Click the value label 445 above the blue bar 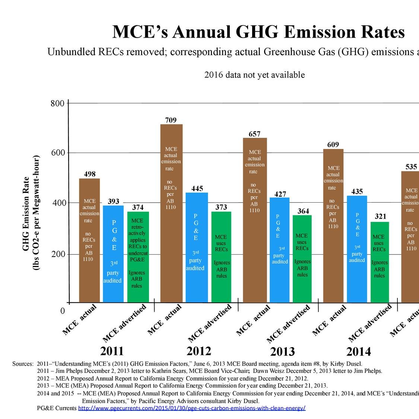[x=197, y=188]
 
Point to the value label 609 [x=333, y=145]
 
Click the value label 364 [x=303, y=211]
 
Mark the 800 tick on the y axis [x=58, y=103]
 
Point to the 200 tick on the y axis [x=58, y=254]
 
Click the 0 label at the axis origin [x=63, y=311]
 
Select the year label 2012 [x=199, y=351]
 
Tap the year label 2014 [x=358, y=352]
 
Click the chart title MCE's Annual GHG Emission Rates [x=258, y=32]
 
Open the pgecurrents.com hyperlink [x=192, y=408]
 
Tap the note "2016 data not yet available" [x=254, y=75]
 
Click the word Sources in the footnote [x=23, y=364]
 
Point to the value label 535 [x=411, y=166]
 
